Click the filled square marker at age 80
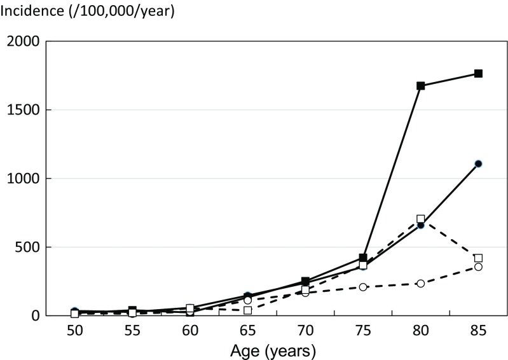421,86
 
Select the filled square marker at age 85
478,74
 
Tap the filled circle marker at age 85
478,163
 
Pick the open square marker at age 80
421,219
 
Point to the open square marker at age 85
478,258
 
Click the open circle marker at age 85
478,267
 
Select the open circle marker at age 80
421,283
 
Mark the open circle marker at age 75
363,287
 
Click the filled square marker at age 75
363,258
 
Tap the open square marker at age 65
248,310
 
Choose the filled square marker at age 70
305,281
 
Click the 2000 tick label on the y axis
23,42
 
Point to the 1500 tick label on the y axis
23,110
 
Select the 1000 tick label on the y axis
23,179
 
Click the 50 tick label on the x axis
75,332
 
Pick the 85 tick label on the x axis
478,332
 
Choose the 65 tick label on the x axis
248,332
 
